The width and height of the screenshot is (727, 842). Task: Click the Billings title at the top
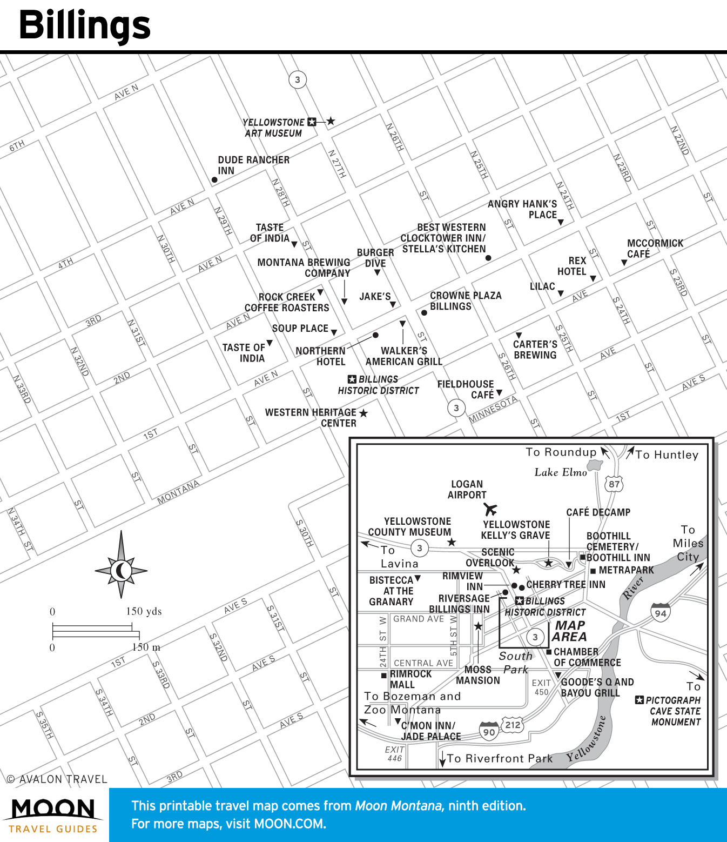85,25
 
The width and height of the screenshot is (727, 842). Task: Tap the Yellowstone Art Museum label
273,128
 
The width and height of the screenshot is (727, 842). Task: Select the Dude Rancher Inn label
253,165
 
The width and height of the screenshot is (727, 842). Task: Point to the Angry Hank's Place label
522,209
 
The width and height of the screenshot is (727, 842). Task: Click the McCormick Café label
654,249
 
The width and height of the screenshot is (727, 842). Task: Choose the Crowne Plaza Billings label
465,301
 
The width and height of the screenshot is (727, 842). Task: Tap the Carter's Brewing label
535,350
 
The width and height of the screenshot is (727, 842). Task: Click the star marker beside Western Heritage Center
363,413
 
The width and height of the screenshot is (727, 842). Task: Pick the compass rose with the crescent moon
121,570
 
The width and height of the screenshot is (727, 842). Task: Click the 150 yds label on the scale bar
144,611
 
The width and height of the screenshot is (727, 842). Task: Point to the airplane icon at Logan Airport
490,509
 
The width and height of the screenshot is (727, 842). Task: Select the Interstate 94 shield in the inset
661,612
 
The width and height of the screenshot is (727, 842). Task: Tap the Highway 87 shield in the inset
614,484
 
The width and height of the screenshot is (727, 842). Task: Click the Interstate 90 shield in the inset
489,731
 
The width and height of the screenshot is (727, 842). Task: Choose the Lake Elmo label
560,472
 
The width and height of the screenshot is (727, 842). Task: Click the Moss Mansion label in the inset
478,675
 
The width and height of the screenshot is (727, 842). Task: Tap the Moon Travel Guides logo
53,815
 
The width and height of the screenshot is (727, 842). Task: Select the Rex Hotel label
571,266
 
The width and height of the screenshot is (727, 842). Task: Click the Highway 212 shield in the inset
513,725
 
